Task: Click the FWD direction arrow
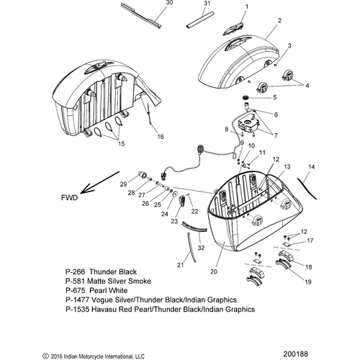click(100, 182)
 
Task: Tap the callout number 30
click(169, 3)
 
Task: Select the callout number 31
click(207, 3)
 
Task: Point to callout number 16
click(161, 137)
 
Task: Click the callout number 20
click(214, 271)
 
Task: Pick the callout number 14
click(311, 166)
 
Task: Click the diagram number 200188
click(295, 354)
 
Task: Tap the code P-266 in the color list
click(75, 271)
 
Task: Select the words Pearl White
click(108, 290)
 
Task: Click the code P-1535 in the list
click(78, 309)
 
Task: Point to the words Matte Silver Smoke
click(119, 281)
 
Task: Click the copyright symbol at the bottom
click(45, 356)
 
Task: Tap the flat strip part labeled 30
click(141, 15)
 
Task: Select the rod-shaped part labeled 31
click(199, 20)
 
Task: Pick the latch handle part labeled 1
click(233, 29)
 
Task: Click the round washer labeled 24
click(175, 194)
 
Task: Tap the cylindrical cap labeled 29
click(143, 175)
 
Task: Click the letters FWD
click(70, 198)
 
